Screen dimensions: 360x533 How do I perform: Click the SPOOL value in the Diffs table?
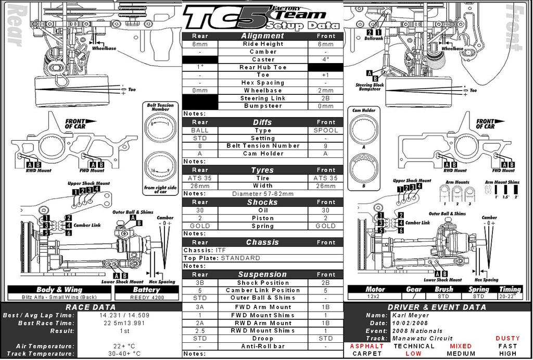point(326,130)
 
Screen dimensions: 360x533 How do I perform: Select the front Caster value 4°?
point(326,59)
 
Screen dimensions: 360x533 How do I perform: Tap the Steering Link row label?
point(263,98)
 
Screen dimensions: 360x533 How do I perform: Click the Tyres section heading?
point(263,170)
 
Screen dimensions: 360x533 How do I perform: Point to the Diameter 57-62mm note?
point(263,194)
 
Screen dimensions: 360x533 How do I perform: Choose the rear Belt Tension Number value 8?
point(200,146)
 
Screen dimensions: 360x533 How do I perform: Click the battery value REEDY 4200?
point(147,297)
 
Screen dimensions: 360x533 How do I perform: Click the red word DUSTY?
point(507,339)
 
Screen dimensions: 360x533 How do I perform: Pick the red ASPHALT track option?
point(366,346)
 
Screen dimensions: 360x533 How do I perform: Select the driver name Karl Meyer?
point(412,315)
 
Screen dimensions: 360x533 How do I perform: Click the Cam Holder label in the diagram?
point(364,110)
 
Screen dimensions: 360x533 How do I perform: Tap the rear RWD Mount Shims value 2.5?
point(200,331)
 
